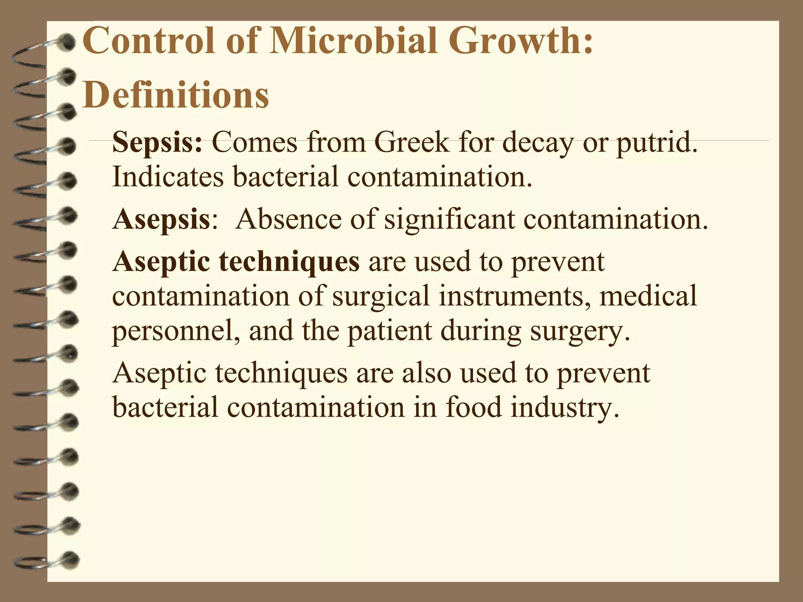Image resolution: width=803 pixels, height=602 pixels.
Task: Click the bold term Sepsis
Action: click(157, 143)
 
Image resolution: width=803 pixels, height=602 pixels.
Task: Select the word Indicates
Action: click(168, 176)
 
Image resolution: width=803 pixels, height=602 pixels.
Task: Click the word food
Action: click(473, 408)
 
